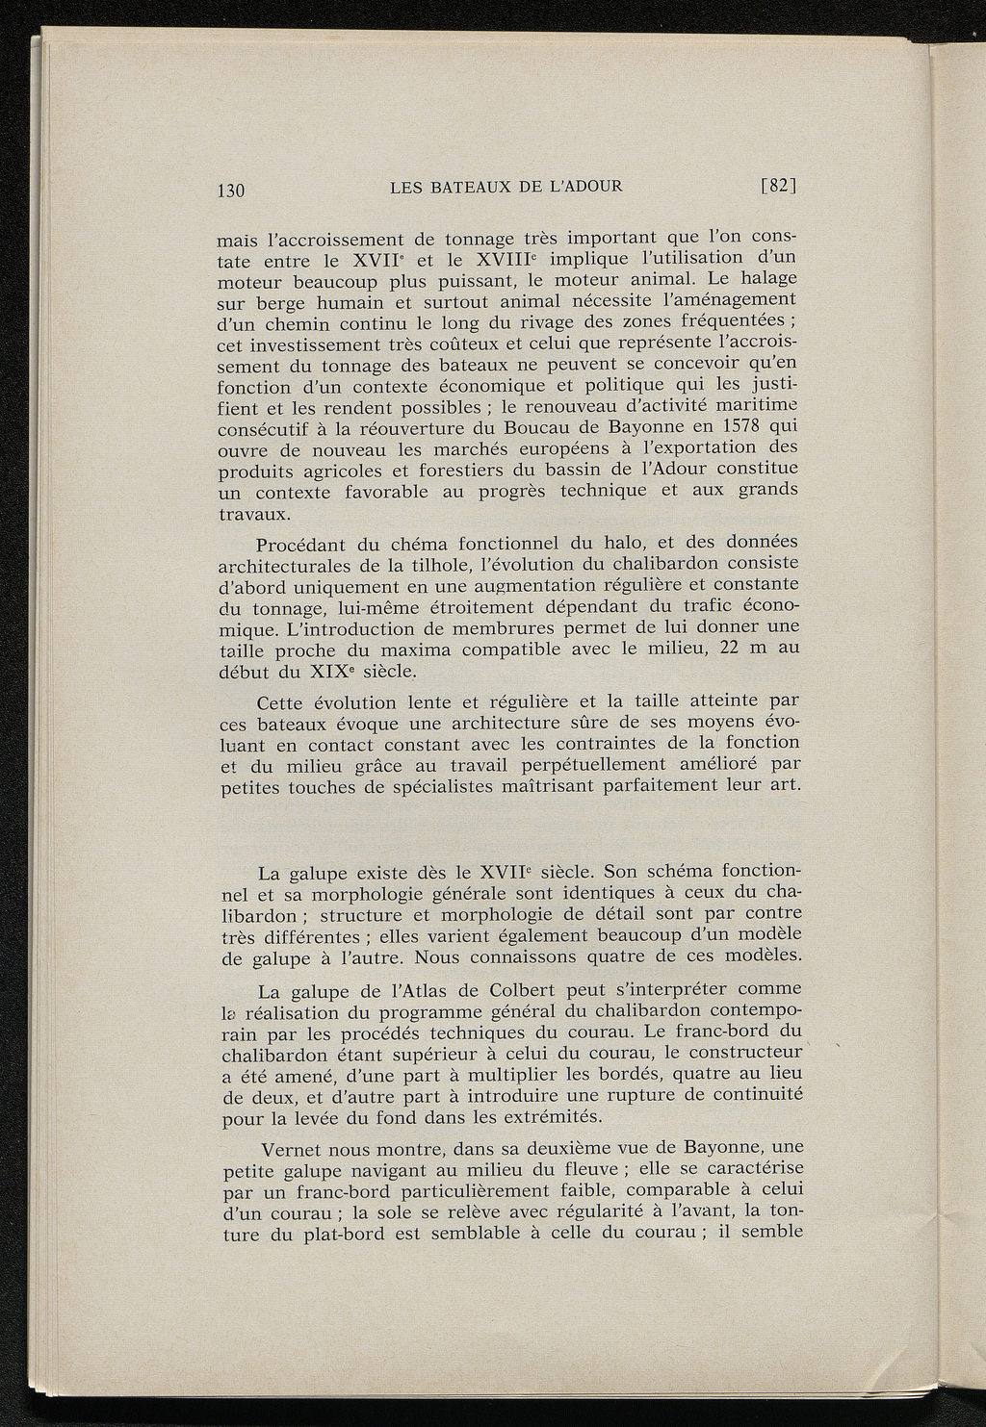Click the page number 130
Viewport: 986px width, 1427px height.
click(232, 190)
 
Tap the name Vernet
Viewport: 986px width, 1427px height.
click(293, 1151)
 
